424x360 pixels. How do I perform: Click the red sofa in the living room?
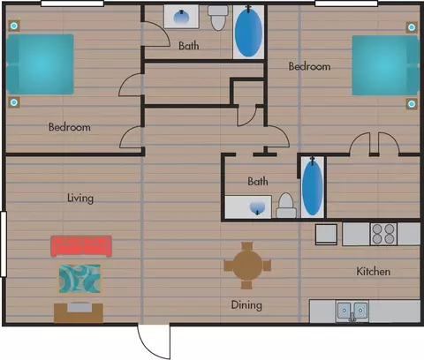[x=81, y=246]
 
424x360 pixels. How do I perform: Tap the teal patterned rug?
[x=79, y=279]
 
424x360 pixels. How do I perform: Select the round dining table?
[x=247, y=266]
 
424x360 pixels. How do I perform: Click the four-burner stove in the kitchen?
[x=383, y=234]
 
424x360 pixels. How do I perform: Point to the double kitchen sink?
[x=352, y=311]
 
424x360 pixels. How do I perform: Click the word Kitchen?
[x=374, y=272]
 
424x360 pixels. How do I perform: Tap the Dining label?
[x=246, y=305]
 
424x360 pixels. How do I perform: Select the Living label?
[x=80, y=198]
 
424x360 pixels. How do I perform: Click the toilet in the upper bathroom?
[x=218, y=18]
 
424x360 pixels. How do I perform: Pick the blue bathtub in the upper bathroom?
[x=248, y=32]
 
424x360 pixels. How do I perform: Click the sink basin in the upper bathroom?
[x=181, y=17]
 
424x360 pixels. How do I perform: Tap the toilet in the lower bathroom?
[x=286, y=206]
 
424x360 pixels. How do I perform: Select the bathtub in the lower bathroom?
[x=313, y=186]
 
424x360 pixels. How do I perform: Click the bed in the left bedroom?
[x=40, y=64]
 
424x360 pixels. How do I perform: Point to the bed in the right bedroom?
[x=385, y=65]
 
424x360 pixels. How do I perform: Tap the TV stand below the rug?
[x=79, y=312]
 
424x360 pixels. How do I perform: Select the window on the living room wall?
[x=4, y=244]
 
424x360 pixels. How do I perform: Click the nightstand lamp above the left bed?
[x=13, y=26]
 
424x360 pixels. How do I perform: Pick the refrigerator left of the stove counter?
[x=326, y=235]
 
